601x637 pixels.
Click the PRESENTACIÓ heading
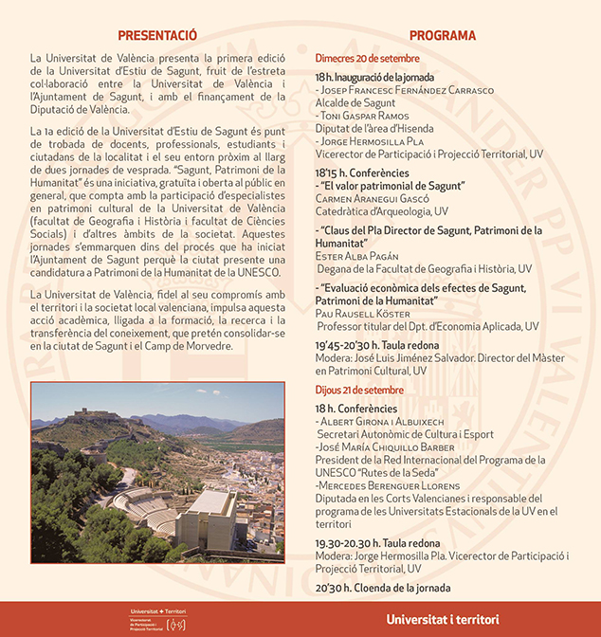pyautogui.click(x=157, y=35)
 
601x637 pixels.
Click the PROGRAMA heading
pyautogui.click(x=443, y=35)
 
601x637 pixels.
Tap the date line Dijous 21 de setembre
pyautogui.click(x=360, y=390)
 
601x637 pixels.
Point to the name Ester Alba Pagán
pyautogui.click(x=362, y=256)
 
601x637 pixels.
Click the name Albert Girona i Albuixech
pyautogui.click(x=377, y=420)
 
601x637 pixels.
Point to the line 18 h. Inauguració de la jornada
pyautogui.click(x=375, y=77)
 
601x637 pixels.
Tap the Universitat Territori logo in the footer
pyautogui.click(x=158, y=618)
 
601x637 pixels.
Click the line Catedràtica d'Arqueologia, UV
pyautogui.click(x=382, y=211)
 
